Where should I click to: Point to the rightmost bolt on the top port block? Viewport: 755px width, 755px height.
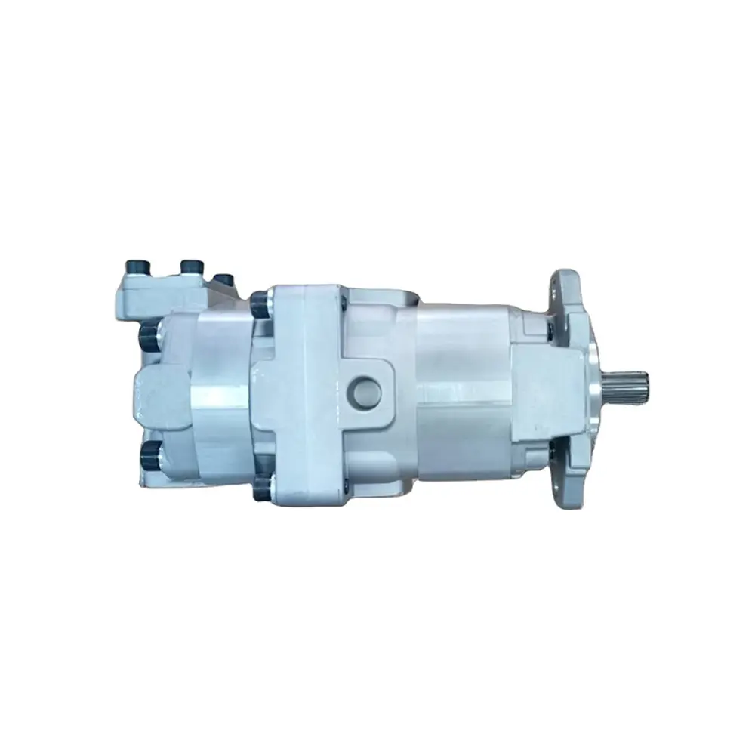(223, 281)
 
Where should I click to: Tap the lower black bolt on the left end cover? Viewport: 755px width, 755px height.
(148, 455)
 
